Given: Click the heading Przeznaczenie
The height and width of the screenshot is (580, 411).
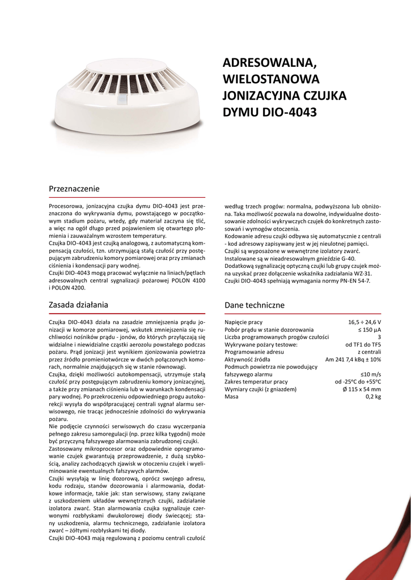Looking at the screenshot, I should click(74, 189).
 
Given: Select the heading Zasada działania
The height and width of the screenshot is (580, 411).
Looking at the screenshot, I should click(78, 305).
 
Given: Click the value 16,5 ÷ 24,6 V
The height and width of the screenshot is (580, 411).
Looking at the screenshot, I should click(365, 322).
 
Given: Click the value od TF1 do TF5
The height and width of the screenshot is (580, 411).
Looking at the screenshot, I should click(363, 344).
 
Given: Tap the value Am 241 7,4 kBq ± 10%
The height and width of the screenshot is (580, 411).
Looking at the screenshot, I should click(353, 359).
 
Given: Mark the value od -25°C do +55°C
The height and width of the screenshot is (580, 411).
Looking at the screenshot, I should click(358, 382).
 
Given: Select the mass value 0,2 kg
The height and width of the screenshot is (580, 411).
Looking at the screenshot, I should click(373, 396).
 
